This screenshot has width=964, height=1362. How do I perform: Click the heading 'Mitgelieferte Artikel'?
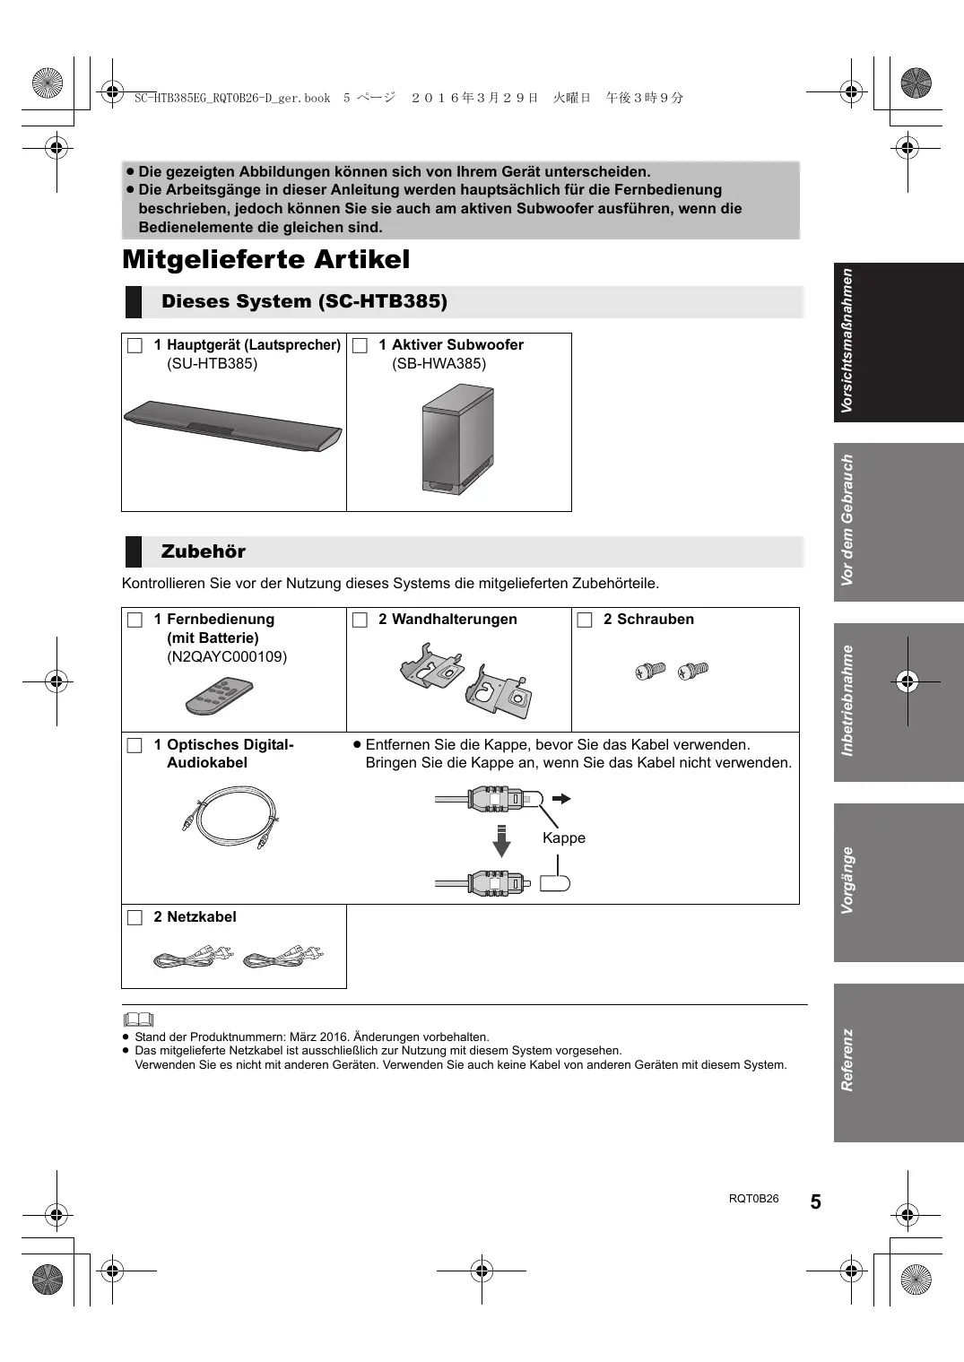pyautogui.click(x=265, y=260)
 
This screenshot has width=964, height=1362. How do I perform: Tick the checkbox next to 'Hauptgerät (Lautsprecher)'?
pyautogui.click(x=135, y=345)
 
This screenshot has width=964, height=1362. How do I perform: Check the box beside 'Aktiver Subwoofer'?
pyautogui.click(x=360, y=345)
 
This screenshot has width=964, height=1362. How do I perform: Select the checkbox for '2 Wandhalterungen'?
pyautogui.click(x=360, y=620)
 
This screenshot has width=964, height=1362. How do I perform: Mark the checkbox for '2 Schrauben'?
pyautogui.click(x=585, y=620)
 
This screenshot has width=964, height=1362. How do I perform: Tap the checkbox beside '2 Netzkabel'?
pyautogui.click(x=135, y=917)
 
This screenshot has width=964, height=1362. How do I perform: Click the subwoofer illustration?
pyautogui.click(x=457, y=439)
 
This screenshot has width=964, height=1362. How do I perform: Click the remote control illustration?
pyautogui.click(x=220, y=696)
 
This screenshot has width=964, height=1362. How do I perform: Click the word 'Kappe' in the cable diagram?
pyautogui.click(x=563, y=838)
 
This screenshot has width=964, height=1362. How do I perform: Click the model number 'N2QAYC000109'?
pyautogui.click(x=227, y=657)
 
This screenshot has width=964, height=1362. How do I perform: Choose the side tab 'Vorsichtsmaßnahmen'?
pyautogui.click(x=898, y=342)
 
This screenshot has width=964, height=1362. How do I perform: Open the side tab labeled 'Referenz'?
pyautogui.click(x=898, y=1062)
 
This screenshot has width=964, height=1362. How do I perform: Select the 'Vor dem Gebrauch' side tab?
pyautogui.click(x=898, y=522)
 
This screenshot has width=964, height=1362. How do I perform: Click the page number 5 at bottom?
pyautogui.click(x=815, y=1202)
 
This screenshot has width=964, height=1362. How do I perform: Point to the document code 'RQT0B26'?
pyautogui.click(x=753, y=1199)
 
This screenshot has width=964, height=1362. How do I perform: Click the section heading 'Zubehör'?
pyautogui.click(x=204, y=551)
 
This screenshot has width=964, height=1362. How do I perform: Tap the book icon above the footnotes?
pyautogui.click(x=138, y=1019)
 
